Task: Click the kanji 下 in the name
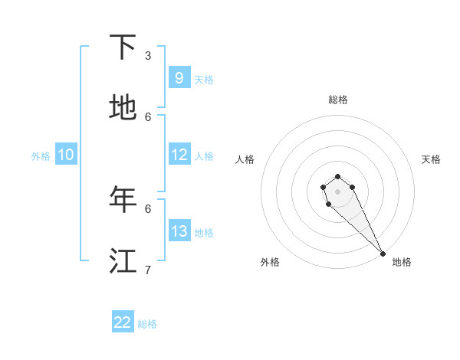coord(123,47)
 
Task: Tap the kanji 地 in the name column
coord(123,108)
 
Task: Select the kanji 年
coord(123,200)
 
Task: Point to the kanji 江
coord(123,261)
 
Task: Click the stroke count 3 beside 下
coord(148,55)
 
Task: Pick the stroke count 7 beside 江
coord(148,270)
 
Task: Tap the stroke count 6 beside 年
coord(148,208)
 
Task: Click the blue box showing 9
coord(179,77)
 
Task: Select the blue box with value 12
coord(179,155)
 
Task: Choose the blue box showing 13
coord(179,231)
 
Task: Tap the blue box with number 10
coord(66,155)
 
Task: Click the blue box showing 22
coord(123,322)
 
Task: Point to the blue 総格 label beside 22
coord(147,324)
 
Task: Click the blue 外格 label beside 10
coord(41,155)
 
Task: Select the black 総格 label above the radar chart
coord(338,100)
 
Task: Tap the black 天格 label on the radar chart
coord(431,159)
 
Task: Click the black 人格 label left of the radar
coord(245,159)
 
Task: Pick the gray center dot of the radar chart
coord(337,191)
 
